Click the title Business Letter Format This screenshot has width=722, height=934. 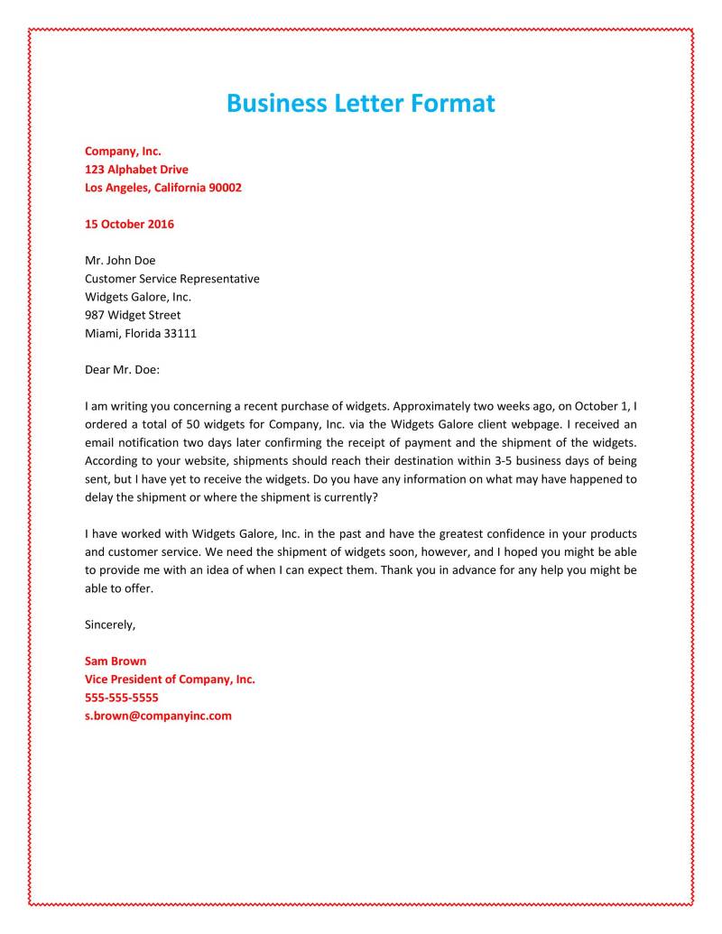click(361, 103)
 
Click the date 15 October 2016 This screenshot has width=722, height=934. click(129, 224)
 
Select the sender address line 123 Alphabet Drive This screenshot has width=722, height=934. click(136, 170)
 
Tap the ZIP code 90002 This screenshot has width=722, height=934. click(225, 188)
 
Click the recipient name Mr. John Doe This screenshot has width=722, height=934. click(120, 261)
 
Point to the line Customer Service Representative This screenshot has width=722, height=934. click(171, 279)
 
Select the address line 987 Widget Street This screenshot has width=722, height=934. click(133, 315)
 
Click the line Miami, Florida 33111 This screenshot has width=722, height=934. click(141, 333)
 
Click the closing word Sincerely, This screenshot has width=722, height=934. click(109, 624)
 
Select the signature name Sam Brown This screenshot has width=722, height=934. click(116, 661)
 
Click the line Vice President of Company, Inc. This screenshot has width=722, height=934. click(170, 679)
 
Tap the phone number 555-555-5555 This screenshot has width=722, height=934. click(122, 697)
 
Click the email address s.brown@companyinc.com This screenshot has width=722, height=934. click(158, 716)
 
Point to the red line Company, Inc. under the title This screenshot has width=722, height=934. click(123, 152)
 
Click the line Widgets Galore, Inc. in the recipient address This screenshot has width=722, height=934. click(138, 297)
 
